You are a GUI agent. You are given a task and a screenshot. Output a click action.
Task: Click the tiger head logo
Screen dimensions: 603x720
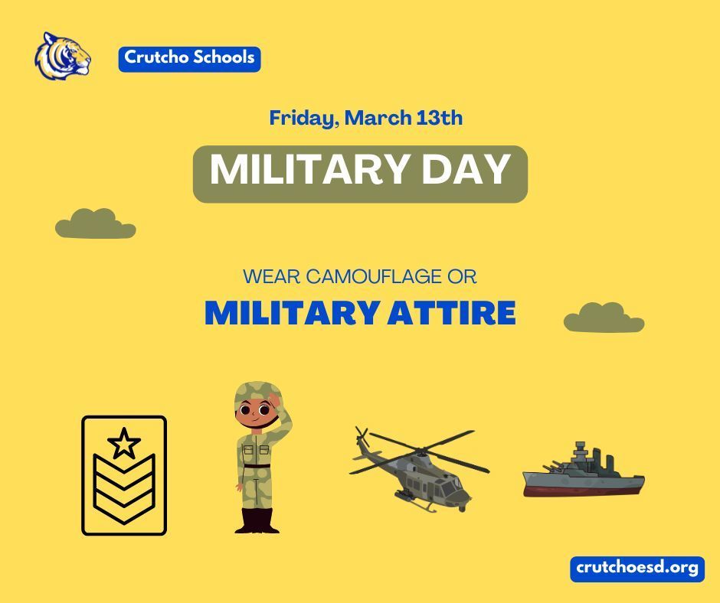(62, 55)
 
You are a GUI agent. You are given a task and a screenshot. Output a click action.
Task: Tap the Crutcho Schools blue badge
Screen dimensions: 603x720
(189, 58)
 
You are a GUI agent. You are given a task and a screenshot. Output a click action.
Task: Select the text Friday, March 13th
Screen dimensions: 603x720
(365, 119)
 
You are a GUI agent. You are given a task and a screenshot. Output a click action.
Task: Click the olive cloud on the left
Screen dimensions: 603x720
(94, 223)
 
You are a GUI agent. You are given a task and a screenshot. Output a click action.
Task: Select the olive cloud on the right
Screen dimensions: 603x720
(603, 318)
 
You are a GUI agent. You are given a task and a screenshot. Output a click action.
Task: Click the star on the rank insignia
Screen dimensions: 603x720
(124, 443)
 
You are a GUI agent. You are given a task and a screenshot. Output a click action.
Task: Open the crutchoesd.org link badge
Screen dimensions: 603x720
(636, 569)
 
